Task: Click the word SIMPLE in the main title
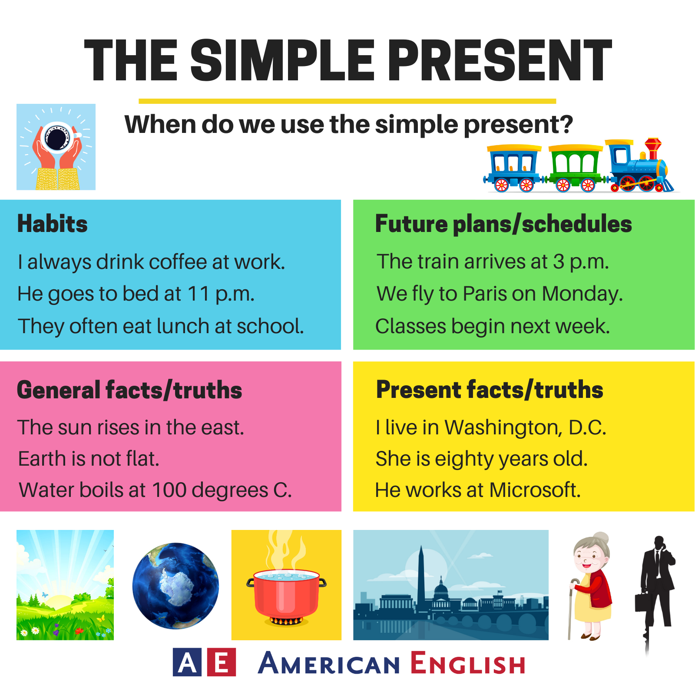click(282, 60)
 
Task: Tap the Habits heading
click(53, 224)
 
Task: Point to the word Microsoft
click(535, 490)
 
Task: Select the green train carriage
click(576, 168)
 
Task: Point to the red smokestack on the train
click(652, 149)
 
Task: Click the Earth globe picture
click(175, 586)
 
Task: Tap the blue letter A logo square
click(187, 662)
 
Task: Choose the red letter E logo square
click(222, 662)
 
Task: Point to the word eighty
click(464, 460)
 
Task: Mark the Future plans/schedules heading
click(503, 224)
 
